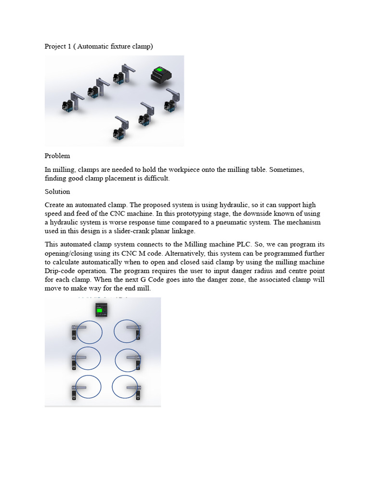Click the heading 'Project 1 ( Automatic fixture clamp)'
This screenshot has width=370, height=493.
click(98, 46)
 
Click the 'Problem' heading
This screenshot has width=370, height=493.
click(57, 156)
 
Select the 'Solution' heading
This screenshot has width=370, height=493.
click(57, 192)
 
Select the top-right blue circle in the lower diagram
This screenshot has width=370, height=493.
click(127, 332)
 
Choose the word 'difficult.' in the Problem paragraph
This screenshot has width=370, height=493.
click(154, 179)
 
